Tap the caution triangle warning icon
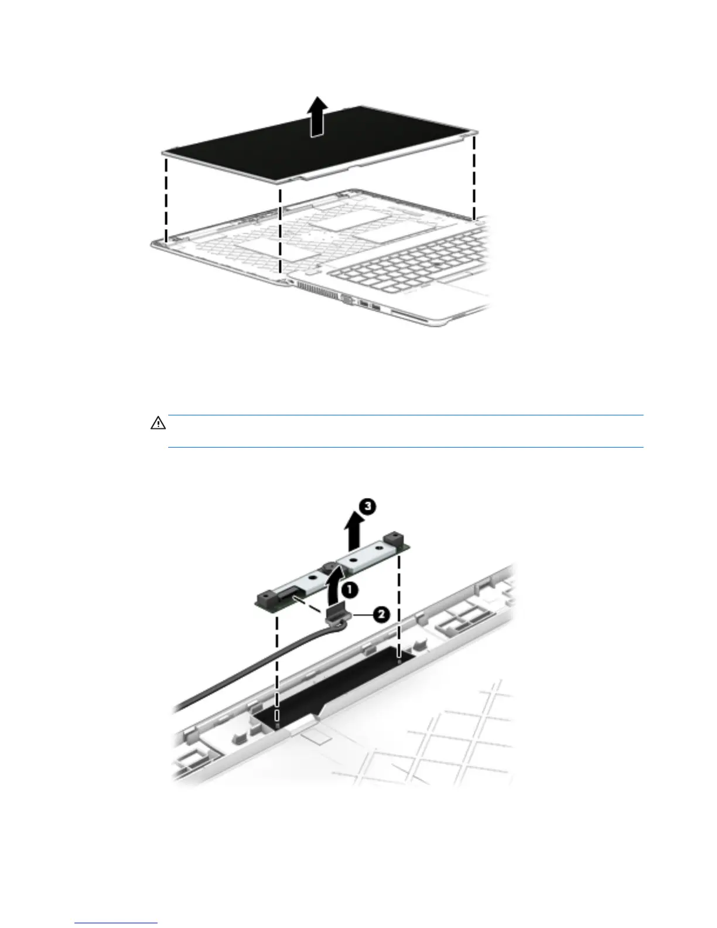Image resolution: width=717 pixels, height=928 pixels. pos(158,423)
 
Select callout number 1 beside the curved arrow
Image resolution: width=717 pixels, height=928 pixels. pos(349,590)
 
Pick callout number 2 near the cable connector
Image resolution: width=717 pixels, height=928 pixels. pos(380,614)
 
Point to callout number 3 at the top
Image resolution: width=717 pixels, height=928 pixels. pos(367,507)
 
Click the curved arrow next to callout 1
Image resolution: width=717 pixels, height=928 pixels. pos(333,592)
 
